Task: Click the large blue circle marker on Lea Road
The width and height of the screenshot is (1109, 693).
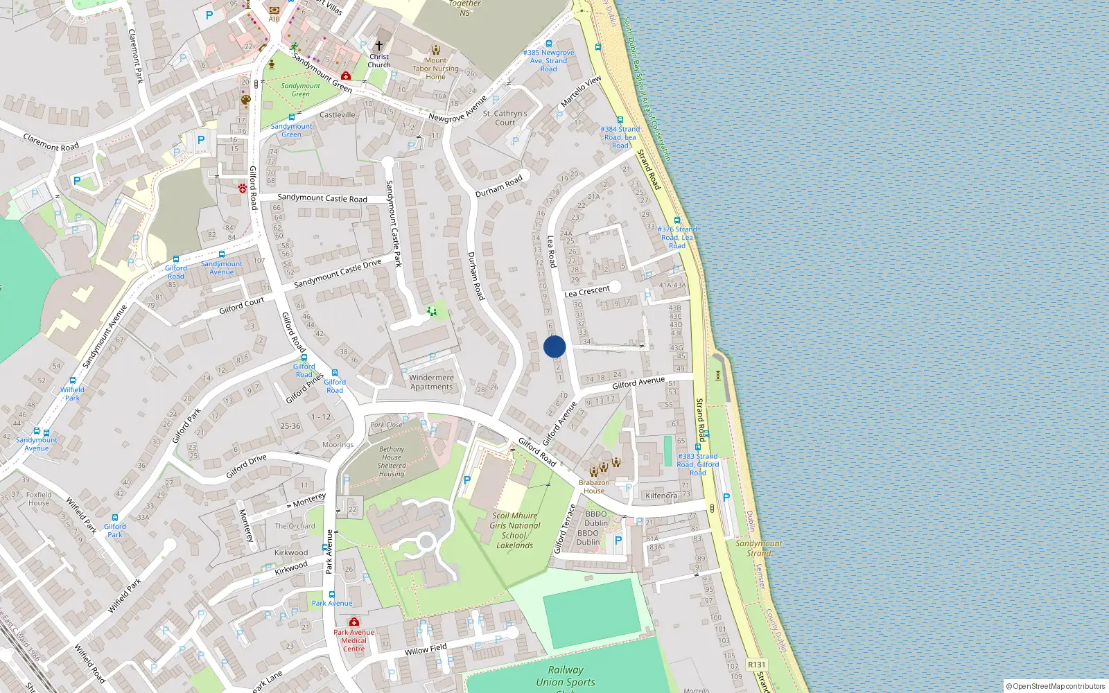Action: (x=554, y=346)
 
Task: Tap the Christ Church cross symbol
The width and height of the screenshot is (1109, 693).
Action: (x=378, y=46)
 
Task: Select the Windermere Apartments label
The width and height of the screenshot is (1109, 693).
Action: (x=431, y=383)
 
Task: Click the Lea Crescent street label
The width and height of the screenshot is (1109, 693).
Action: (x=586, y=291)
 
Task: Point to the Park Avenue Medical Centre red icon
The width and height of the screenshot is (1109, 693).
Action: (x=354, y=622)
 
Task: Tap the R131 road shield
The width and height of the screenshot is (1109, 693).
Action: (x=756, y=665)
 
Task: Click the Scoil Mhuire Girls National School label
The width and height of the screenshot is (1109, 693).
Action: (x=514, y=530)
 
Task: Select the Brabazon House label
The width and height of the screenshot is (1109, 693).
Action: (x=594, y=486)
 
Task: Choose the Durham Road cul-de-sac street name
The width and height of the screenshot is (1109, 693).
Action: (x=498, y=186)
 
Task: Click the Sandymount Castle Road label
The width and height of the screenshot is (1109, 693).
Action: (x=322, y=198)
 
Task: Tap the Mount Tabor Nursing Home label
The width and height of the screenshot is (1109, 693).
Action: (x=435, y=69)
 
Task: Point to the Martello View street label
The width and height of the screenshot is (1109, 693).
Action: (x=581, y=91)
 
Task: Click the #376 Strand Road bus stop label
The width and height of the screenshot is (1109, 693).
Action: (x=677, y=237)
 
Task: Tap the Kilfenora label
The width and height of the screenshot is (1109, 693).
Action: (x=661, y=495)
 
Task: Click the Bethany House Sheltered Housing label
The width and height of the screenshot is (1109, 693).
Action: (x=392, y=462)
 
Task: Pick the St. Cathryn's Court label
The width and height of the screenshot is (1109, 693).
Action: (x=505, y=118)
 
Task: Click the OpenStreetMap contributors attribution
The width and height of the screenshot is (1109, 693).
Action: (x=1056, y=686)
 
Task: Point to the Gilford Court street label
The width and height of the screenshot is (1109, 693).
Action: (x=241, y=306)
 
